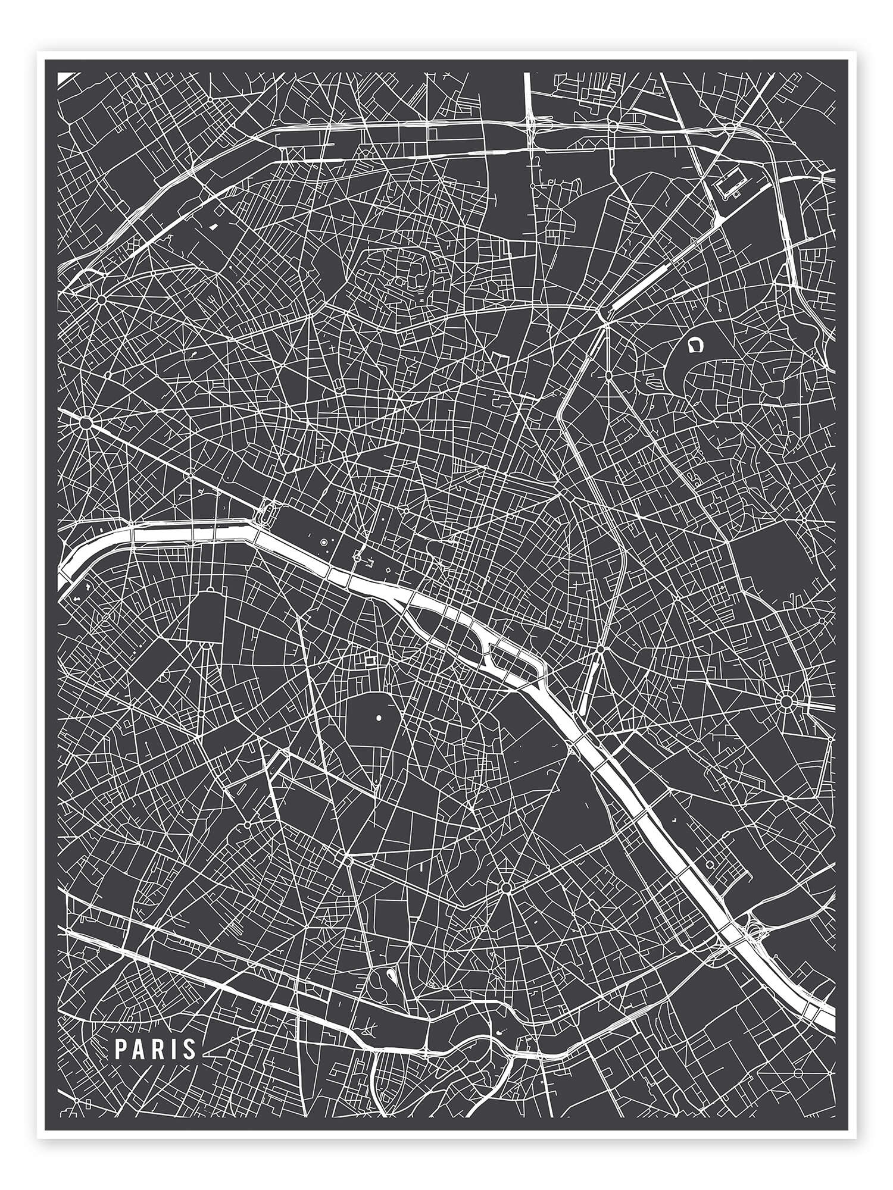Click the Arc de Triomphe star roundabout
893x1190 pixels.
[86, 423]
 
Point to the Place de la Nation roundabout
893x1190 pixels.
[786, 701]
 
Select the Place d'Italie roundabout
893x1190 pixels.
[507, 888]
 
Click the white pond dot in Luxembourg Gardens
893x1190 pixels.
[379, 719]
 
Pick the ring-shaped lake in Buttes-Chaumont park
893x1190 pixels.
[694, 345]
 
